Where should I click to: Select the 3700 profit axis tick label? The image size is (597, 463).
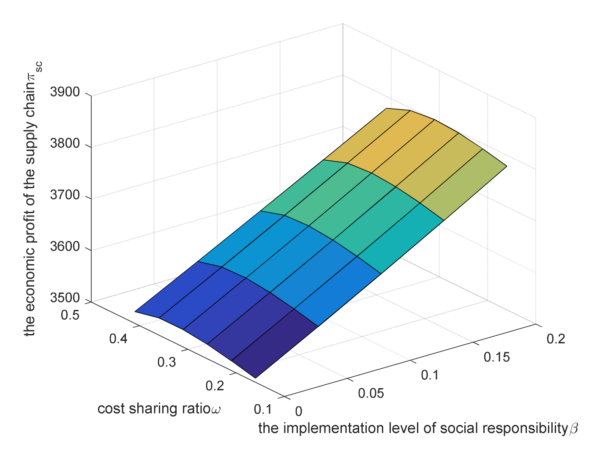pyautogui.click(x=65, y=195)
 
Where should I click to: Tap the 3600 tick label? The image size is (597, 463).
pyautogui.click(x=65, y=247)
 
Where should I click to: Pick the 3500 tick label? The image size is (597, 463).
pyautogui.click(x=65, y=298)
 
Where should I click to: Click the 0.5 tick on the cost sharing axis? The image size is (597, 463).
pyautogui.click(x=70, y=315)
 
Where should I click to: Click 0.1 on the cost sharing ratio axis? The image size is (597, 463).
pyautogui.click(x=263, y=409)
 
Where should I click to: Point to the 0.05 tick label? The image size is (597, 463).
pyautogui.click(x=371, y=393)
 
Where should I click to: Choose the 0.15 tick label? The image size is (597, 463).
pyautogui.click(x=496, y=357)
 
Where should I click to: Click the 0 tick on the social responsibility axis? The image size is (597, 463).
pyautogui.click(x=299, y=411)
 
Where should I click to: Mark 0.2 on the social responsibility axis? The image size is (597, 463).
pyautogui.click(x=556, y=339)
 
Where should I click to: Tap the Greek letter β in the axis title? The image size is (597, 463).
pyautogui.click(x=573, y=429)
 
